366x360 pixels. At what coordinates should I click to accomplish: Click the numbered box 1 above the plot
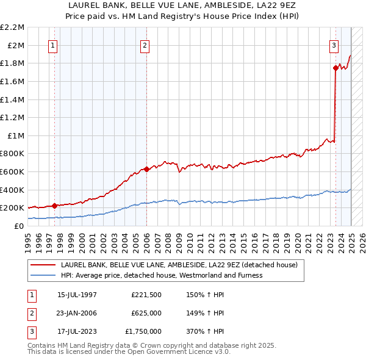(52, 45)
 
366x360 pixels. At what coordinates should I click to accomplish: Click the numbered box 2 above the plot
(145, 45)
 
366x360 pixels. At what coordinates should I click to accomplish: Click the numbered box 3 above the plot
(334, 45)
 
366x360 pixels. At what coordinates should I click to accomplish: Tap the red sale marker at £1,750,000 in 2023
(335, 68)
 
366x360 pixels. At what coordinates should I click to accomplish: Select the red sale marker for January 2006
(146, 169)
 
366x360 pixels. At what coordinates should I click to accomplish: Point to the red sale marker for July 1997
(54, 206)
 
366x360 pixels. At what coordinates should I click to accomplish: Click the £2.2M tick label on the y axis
(12, 27)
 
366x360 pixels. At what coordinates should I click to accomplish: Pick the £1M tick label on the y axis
(16, 135)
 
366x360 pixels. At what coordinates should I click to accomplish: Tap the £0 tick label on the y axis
(20, 226)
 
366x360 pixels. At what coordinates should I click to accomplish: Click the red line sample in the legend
(43, 265)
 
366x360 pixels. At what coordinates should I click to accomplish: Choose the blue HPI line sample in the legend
(43, 275)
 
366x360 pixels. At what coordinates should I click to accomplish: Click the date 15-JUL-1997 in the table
(77, 295)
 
